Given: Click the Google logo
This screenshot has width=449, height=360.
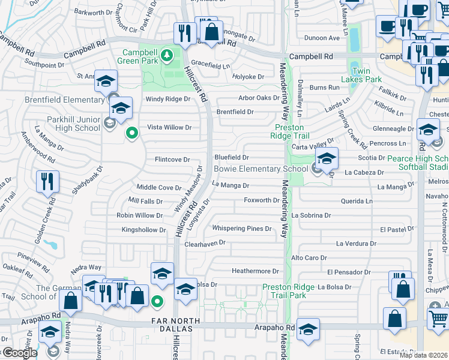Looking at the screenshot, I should pyautogui.click(x=19, y=353).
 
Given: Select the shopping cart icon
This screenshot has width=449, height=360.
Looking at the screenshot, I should pyautogui.click(x=438, y=319).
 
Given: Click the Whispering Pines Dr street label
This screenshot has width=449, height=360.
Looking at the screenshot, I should pyautogui.click(x=242, y=229).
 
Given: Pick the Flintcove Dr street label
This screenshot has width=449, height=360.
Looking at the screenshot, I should pyautogui.click(x=172, y=160).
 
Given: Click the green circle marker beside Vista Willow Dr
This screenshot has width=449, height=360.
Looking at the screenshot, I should pyautogui.click(x=130, y=133).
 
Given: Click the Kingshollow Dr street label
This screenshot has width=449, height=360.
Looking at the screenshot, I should pyautogui.click(x=143, y=230).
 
